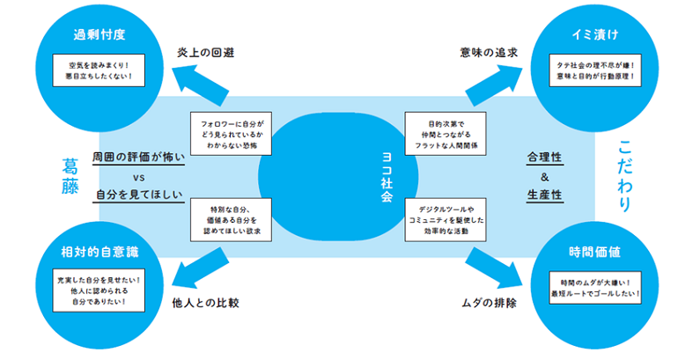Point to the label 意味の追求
click(489, 52)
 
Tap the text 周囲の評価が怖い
click(139, 157)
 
